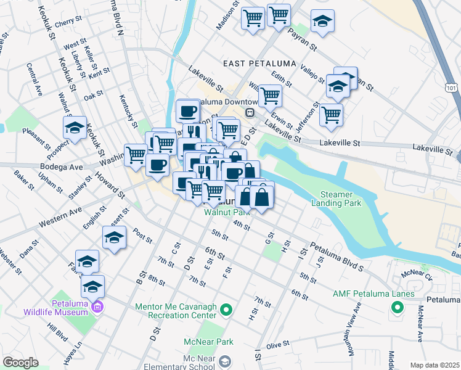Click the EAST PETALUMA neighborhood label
pos(259,64)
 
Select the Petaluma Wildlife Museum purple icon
pos(96,306)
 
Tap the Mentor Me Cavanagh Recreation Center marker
pos(226,310)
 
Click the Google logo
pos(20,362)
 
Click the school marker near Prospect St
pos(75,128)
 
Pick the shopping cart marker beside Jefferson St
pos(332,114)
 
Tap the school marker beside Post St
pos(114,238)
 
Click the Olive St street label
pos(277,346)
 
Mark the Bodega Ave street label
pos(60,167)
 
